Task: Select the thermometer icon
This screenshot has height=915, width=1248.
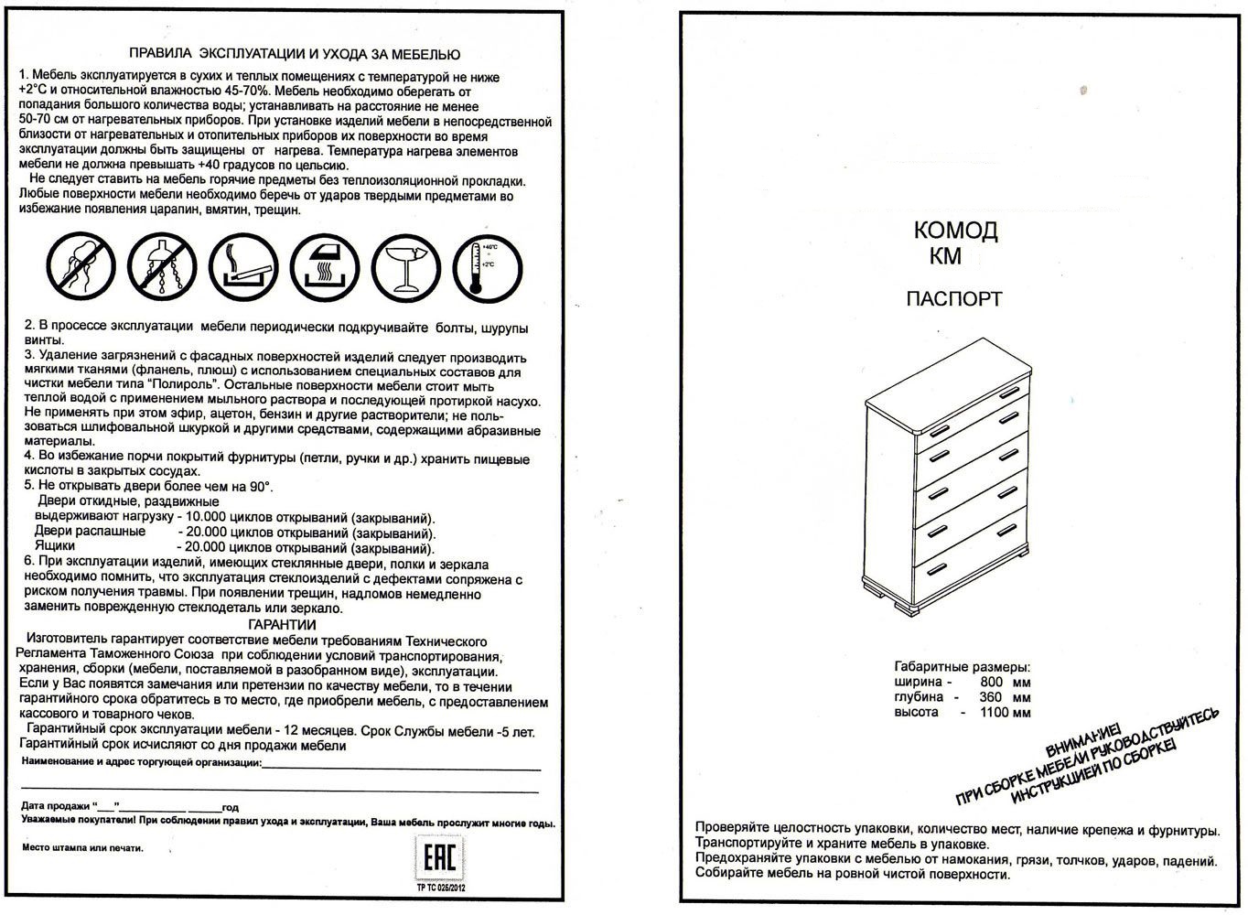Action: click(488, 266)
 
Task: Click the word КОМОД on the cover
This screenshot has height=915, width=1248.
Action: click(955, 231)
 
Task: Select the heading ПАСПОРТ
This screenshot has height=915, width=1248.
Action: click(954, 299)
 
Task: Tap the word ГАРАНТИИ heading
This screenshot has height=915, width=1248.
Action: click(283, 624)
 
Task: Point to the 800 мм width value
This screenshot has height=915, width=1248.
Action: click(1005, 683)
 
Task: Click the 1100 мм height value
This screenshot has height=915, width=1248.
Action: click(1005, 713)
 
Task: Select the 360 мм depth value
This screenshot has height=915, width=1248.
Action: click(1005, 697)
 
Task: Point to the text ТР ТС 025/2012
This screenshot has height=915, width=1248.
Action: click(440, 887)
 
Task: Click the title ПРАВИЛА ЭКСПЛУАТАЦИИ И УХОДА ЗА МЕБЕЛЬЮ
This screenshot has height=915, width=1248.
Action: click(295, 55)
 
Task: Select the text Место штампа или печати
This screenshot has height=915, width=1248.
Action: click(82, 848)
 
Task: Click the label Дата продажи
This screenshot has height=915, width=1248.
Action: click(56, 807)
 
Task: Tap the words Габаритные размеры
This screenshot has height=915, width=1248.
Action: click(962, 667)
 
